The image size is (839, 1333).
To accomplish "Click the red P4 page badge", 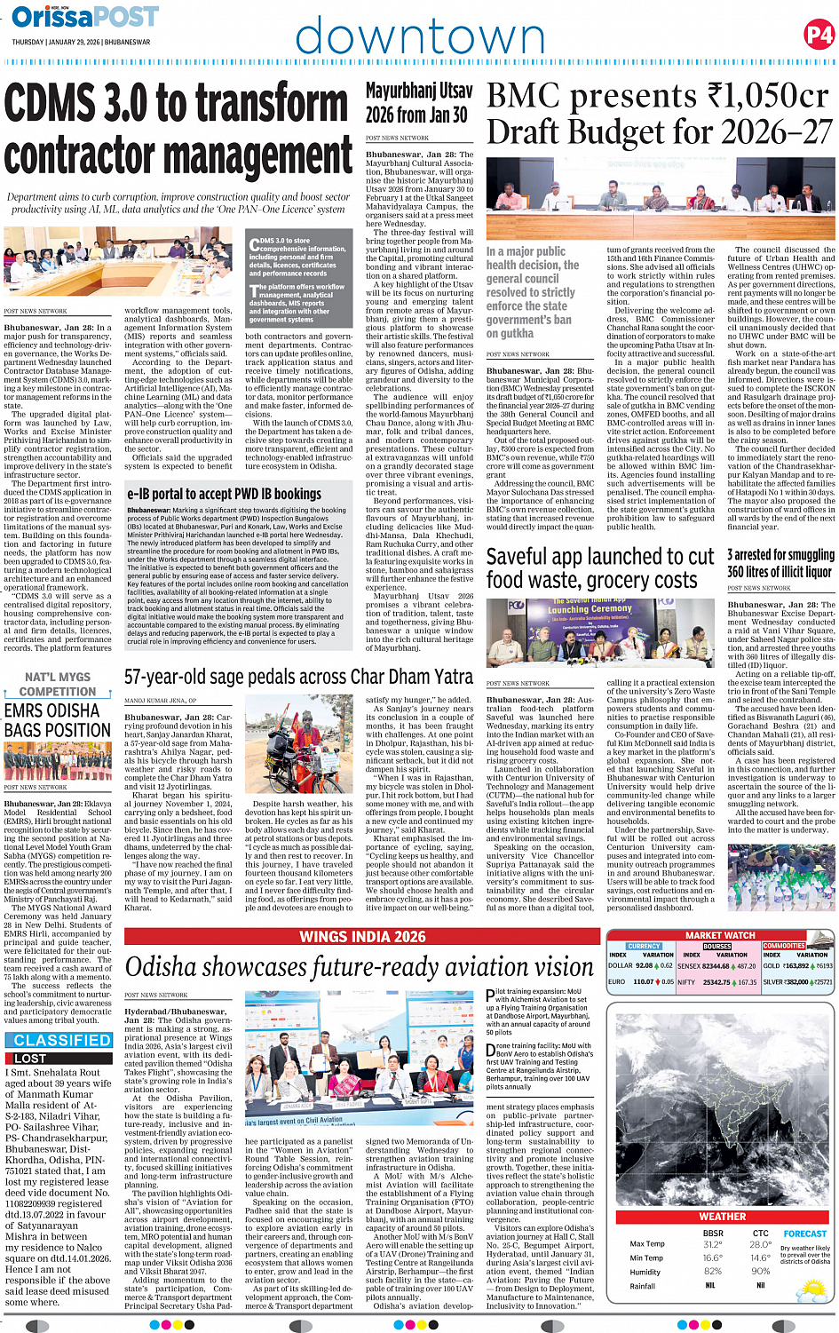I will click(x=818, y=35).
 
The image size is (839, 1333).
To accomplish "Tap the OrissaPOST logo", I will click(x=85, y=17).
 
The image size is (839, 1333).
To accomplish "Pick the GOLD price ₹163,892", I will click(x=796, y=965).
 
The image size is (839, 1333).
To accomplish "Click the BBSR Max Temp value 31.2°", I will click(x=712, y=1244).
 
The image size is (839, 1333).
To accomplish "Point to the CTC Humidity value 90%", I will click(x=760, y=1272).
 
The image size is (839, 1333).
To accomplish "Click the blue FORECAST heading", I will click(x=805, y=1234).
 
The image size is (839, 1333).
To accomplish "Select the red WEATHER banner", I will click(x=722, y=1217).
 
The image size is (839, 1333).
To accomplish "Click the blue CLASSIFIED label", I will click(x=62, y=1040).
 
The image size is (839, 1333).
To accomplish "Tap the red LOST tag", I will click(x=30, y=1059).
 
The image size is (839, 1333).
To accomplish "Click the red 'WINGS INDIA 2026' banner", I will click(x=362, y=937).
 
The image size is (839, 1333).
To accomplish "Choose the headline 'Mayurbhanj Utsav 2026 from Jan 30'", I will click(x=418, y=103).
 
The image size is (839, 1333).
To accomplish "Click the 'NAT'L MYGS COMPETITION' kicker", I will click(x=58, y=685).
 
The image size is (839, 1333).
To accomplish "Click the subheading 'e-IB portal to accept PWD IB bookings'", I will click(x=224, y=494).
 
